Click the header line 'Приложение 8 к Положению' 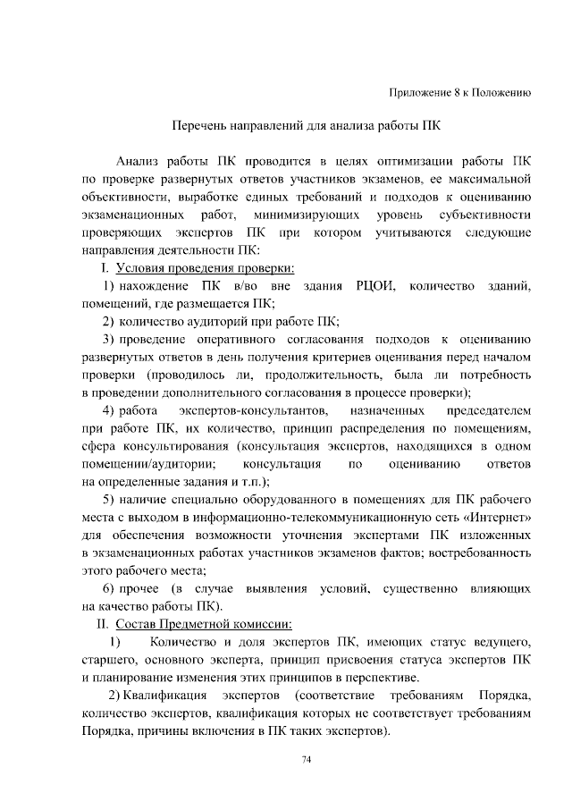pos(461,92)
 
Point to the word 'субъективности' pos(486,215)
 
